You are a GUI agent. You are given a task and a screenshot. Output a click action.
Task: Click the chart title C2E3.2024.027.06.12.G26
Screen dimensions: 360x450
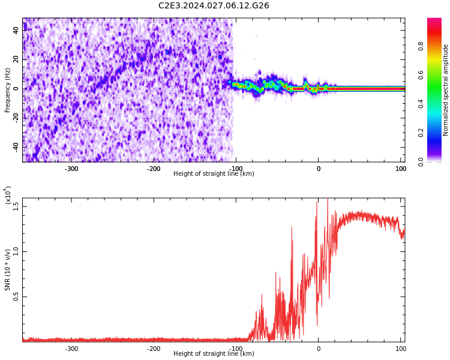(214, 6)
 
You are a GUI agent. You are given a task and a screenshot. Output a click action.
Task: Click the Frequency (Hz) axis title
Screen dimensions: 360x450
(8, 90)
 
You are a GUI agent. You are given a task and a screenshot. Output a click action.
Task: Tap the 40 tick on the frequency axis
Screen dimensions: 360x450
(16, 31)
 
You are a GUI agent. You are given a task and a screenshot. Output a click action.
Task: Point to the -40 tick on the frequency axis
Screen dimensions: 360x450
(15, 147)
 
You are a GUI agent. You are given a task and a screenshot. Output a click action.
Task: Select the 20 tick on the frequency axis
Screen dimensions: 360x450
(16, 60)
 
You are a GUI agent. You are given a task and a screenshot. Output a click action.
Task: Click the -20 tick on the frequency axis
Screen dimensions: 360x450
(15, 118)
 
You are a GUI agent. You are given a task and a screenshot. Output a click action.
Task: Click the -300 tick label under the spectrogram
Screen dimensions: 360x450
(71, 169)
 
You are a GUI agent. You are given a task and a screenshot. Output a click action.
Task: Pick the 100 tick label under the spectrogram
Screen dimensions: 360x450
(400, 169)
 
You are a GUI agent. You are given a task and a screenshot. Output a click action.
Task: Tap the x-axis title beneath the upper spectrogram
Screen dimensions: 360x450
(214, 174)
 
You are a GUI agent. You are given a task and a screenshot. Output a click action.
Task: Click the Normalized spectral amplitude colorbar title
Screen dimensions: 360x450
(446, 90)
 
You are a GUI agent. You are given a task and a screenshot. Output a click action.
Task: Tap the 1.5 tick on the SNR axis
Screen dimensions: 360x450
(16, 206)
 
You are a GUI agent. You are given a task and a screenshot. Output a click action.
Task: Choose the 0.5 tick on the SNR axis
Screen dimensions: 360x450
(16, 296)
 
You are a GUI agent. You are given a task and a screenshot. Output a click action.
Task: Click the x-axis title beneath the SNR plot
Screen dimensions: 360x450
(214, 354)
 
